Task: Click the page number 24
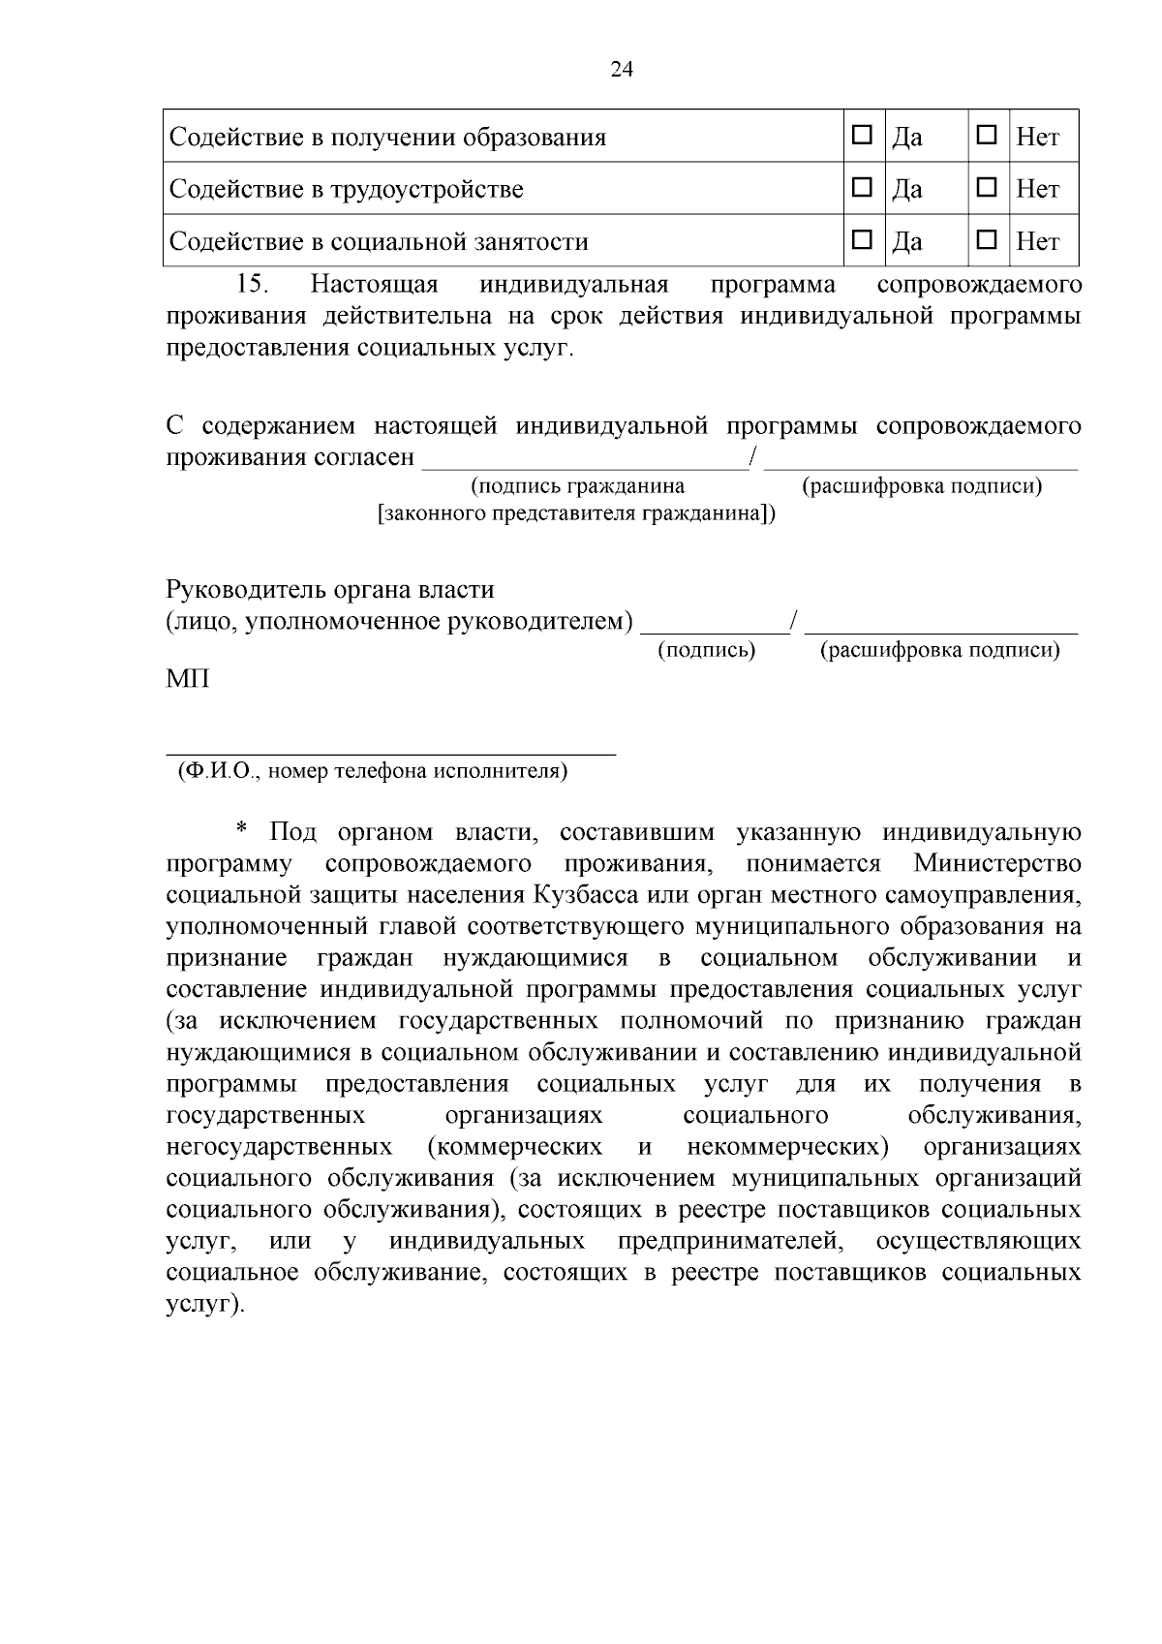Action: pos(622,69)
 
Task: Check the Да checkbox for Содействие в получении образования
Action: pos(861,136)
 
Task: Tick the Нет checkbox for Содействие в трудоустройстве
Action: pos(986,188)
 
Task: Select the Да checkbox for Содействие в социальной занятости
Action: pos(861,239)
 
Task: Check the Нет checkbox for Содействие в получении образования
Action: pos(986,136)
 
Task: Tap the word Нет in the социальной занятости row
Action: pos(1037,241)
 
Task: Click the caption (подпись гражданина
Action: pos(577,486)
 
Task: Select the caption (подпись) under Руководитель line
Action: pos(706,650)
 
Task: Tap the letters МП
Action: pos(188,679)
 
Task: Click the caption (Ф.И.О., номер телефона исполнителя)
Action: pos(373,771)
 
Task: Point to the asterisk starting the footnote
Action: pos(242,830)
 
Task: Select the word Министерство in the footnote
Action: pos(996,863)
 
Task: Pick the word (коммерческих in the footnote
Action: pos(514,1147)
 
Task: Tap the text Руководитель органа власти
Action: pos(330,589)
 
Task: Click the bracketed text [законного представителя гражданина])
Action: pos(577,513)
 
